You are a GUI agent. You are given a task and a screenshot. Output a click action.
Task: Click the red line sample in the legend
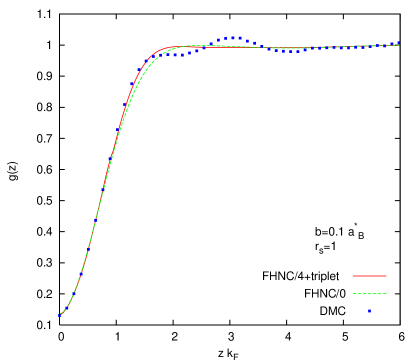[x=369, y=276]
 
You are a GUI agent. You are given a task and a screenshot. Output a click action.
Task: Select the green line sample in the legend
[x=369, y=294]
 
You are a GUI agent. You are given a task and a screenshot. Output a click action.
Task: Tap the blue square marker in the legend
[x=369, y=311]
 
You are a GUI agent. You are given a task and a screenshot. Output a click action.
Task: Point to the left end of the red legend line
[x=352, y=276]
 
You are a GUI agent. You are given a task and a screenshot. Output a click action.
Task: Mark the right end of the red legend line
[x=386, y=276]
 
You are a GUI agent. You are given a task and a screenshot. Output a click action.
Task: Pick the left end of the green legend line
[x=352, y=294]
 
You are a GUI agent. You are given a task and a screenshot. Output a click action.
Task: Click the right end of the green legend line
[x=386, y=294]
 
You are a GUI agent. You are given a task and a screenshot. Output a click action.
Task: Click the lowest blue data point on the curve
[x=59, y=315]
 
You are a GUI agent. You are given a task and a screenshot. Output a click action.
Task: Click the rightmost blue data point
[x=397, y=44]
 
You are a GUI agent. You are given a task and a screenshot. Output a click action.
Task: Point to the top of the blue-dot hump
[x=234, y=38]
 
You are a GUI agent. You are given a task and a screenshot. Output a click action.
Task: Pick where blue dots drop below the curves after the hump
[x=262, y=47]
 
